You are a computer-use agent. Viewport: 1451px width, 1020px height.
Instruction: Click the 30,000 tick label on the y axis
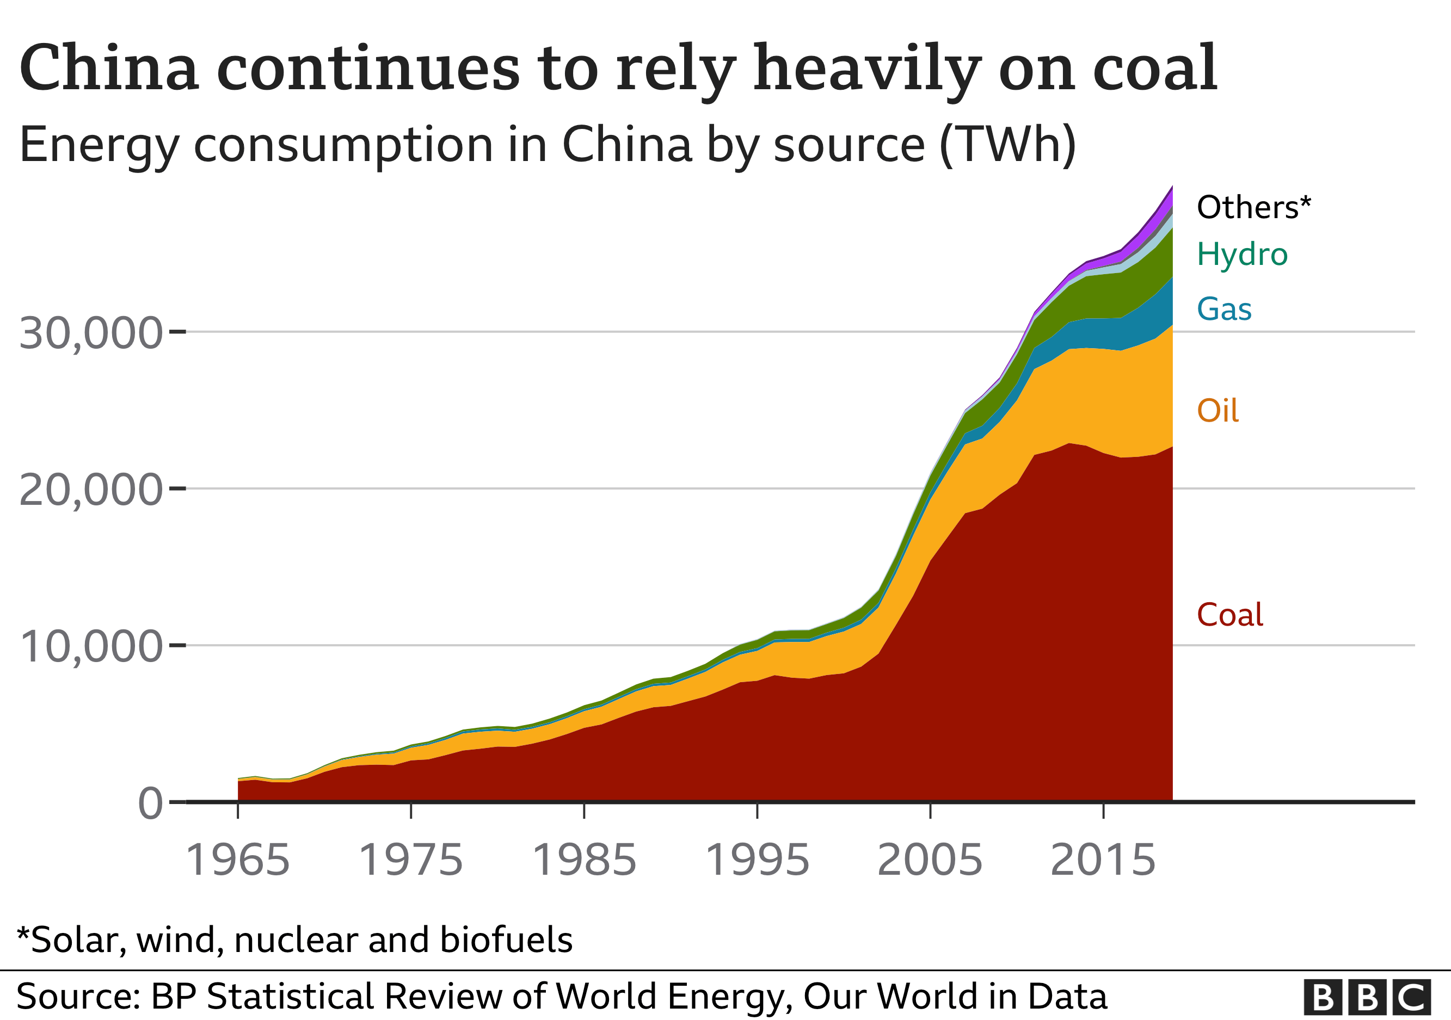90,333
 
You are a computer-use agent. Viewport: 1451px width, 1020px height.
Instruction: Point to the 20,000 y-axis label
90,490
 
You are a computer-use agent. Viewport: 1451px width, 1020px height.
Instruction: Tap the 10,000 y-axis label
90,647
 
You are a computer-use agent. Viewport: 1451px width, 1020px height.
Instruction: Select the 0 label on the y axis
150,804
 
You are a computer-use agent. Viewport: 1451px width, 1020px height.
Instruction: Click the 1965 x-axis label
238,860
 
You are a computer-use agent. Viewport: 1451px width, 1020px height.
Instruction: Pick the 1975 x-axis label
411,860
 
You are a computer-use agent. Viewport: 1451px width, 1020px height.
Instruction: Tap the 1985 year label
584,860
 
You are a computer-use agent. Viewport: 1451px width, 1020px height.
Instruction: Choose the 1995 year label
757,860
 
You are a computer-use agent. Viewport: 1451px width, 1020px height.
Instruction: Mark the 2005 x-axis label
930,860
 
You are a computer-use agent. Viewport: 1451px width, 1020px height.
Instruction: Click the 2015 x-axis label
1103,860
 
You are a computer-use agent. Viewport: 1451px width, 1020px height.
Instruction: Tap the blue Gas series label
1224,310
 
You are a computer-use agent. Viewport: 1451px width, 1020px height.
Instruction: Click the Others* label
1254,207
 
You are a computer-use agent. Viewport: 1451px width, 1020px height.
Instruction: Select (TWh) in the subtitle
1008,145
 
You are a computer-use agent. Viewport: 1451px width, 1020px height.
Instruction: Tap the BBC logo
1367,997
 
